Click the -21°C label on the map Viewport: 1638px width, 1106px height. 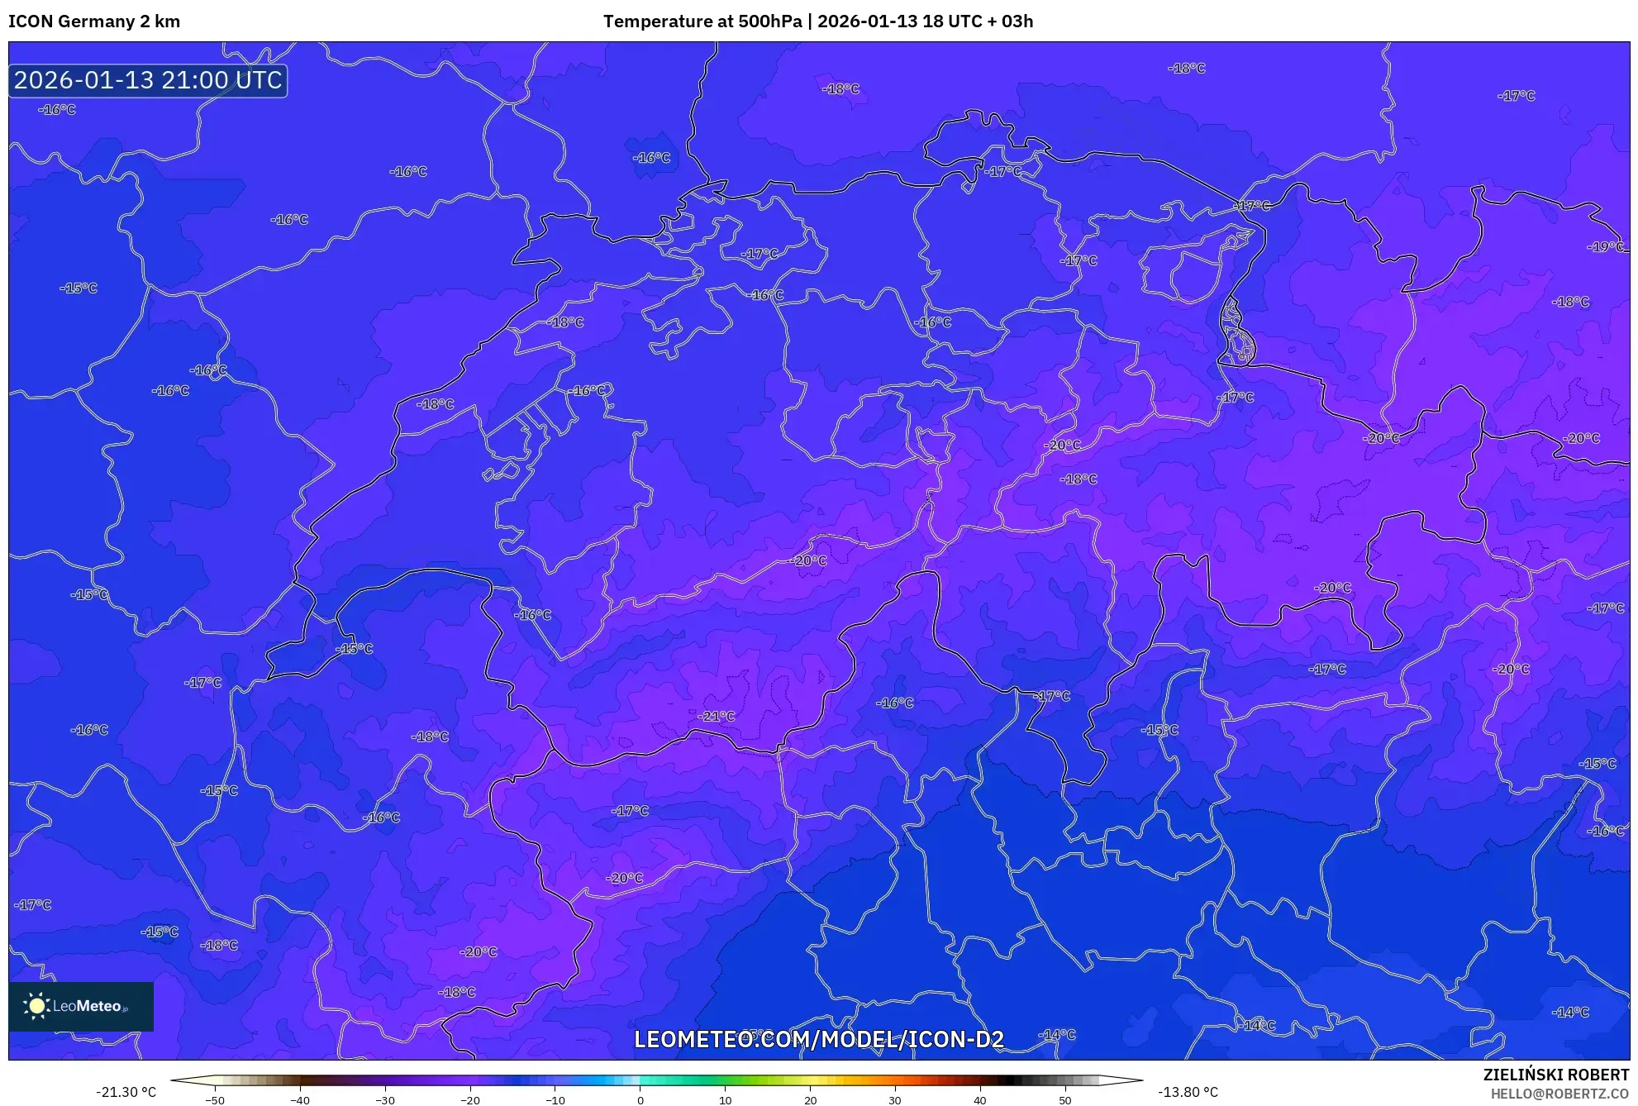coord(716,716)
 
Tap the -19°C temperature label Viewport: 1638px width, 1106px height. coord(1605,246)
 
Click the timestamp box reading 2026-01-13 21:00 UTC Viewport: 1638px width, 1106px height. coord(148,80)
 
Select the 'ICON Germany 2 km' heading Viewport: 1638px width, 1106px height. coord(94,21)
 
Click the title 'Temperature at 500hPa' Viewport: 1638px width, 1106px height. coord(702,21)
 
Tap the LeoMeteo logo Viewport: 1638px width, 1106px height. coord(81,1006)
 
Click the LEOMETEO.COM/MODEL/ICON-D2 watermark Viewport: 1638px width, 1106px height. coord(819,1039)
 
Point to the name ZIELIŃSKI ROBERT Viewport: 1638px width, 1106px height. coord(1556,1075)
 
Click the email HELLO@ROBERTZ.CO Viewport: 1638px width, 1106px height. coord(1559,1094)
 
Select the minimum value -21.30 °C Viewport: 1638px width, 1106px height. coord(126,1092)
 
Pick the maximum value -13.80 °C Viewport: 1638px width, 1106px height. coord(1188,1092)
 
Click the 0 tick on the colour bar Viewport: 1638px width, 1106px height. coord(640,1100)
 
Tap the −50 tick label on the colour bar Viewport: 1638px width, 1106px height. coord(214,1100)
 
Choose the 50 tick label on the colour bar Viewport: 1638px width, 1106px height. coord(1064,1100)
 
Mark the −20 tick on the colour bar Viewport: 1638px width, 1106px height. coord(469,1100)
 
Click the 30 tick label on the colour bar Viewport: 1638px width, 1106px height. coord(895,1100)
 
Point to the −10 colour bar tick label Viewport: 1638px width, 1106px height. coord(555,1100)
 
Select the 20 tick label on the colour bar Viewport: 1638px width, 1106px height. coord(810,1100)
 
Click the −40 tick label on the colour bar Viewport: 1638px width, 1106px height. coord(299,1100)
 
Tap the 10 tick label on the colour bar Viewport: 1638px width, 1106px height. coord(725,1100)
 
